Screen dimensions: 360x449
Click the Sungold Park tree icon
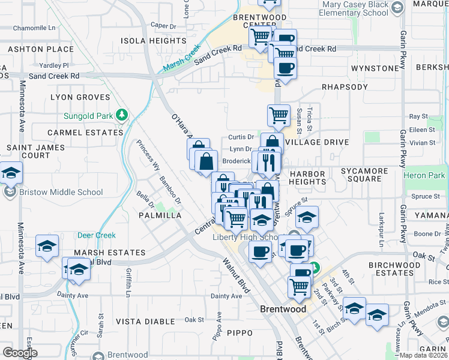(122, 114)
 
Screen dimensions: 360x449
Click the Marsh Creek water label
(179, 61)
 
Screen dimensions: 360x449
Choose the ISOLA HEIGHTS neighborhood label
(154, 41)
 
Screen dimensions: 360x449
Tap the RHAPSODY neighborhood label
(345, 87)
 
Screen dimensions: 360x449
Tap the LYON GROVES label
(80, 97)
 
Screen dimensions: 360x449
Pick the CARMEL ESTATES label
(85, 132)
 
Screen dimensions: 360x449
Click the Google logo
(20, 353)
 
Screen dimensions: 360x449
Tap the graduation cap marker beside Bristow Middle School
(10, 173)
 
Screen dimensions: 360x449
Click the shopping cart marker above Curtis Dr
(278, 115)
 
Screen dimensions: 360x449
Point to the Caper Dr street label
(163, 26)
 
